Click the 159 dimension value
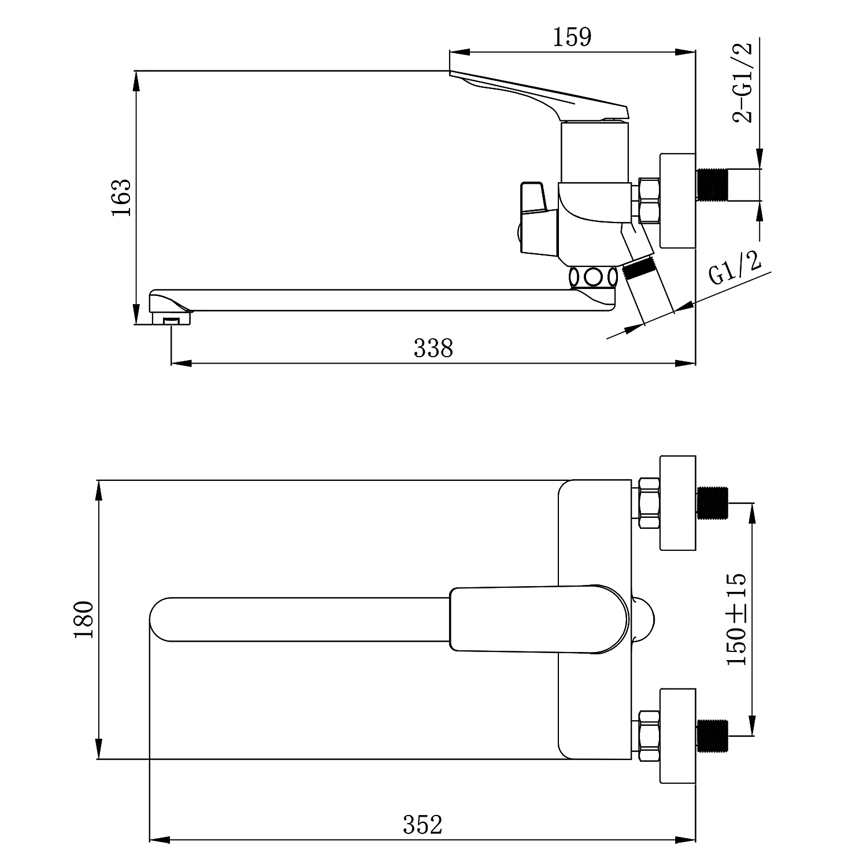pyautogui.click(x=573, y=38)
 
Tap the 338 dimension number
pyautogui.click(x=433, y=348)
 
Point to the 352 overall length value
pyautogui.click(x=423, y=825)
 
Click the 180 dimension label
pyautogui.click(x=84, y=620)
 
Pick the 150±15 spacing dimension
pyautogui.click(x=736, y=620)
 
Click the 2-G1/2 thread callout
pyautogui.click(x=743, y=82)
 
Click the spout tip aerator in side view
pyautogui.click(x=172, y=318)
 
